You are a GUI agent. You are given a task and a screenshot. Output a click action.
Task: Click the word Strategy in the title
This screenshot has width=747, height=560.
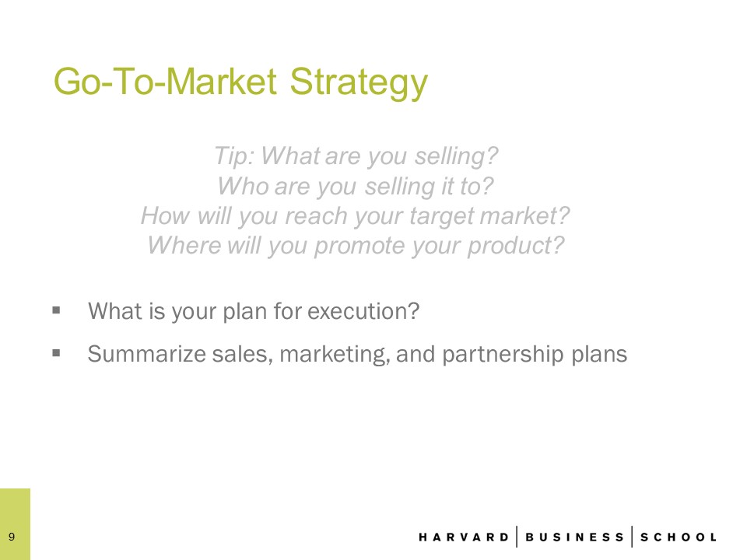[x=359, y=82]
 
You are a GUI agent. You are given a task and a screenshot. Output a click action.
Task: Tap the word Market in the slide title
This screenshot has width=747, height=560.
[x=222, y=81]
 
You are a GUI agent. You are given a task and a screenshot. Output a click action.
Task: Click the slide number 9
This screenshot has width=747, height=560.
[x=12, y=537]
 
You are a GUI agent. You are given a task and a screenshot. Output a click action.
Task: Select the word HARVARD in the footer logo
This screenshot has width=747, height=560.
[x=464, y=537]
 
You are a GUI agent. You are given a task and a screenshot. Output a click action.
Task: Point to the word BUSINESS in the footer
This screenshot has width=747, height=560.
[x=574, y=537]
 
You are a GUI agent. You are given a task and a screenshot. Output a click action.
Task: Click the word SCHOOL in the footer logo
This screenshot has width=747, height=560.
[x=679, y=537]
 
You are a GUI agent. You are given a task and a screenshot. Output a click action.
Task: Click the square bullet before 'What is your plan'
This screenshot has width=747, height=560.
[x=56, y=310]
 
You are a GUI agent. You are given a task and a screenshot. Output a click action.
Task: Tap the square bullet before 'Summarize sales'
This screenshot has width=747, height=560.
[x=56, y=353]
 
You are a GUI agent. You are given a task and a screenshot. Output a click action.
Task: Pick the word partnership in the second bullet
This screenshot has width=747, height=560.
[x=503, y=355]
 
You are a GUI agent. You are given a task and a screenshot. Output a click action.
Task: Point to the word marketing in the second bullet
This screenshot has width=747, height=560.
[x=334, y=355]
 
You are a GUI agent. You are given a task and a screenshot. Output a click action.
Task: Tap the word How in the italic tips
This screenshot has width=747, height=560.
[x=166, y=215]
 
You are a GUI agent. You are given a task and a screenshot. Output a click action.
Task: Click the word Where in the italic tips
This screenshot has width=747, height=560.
[x=184, y=245]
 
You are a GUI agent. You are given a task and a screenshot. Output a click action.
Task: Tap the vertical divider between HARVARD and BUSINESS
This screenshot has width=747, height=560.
[x=517, y=537]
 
